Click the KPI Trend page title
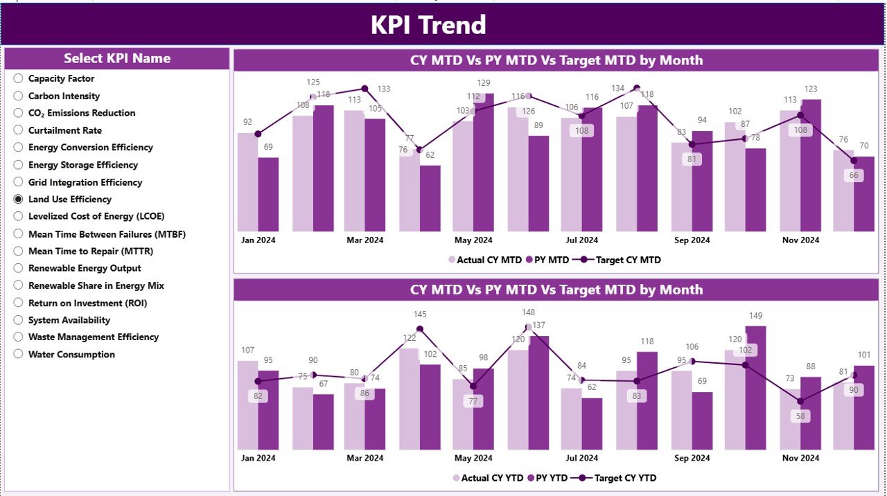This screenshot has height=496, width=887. (428, 25)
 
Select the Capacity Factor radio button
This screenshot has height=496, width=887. (18, 79)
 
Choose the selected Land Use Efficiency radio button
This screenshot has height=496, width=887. (18, 200)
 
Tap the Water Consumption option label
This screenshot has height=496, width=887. (71, 355)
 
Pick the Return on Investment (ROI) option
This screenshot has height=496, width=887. (87, 303)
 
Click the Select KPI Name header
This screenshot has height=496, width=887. (117, 58)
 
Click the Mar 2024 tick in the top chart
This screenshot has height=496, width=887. (365, 240)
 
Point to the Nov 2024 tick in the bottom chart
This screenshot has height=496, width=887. (800, 458)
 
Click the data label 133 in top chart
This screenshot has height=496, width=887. (383, 89)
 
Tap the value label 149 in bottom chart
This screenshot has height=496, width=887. (755, 316)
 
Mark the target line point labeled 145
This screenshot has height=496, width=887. (419, 329)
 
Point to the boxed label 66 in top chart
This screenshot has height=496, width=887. (853, 175)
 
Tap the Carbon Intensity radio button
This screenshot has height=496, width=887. (18, 96)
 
